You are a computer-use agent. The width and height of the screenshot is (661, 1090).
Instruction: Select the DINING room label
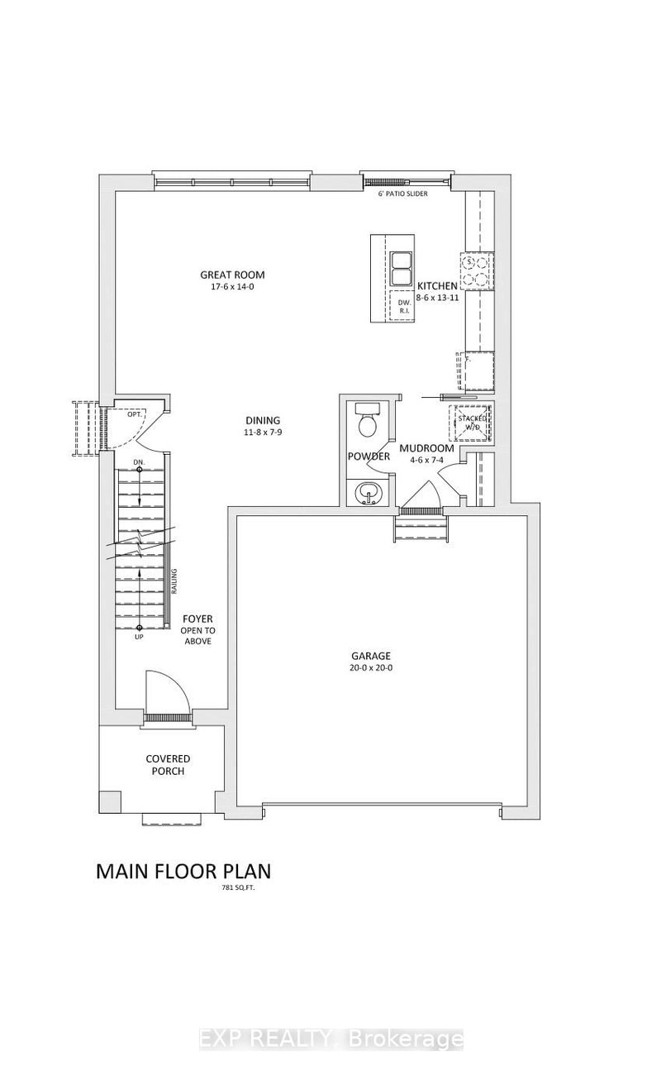tap(262, 419)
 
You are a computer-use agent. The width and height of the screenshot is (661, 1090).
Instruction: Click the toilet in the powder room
tap(365, 423)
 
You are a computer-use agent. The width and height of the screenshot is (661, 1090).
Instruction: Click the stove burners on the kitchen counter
tap(478, 270)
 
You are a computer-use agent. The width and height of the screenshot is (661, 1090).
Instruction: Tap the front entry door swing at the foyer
tap(164, 688)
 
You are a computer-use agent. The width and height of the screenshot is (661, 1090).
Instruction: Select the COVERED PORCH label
tap(168, 765)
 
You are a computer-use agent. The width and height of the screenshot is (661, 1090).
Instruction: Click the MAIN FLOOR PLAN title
tap(183, 871)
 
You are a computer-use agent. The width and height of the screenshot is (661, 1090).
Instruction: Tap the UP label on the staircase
tap(140, 638)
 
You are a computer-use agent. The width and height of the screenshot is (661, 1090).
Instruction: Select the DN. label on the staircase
tap(140, 462)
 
